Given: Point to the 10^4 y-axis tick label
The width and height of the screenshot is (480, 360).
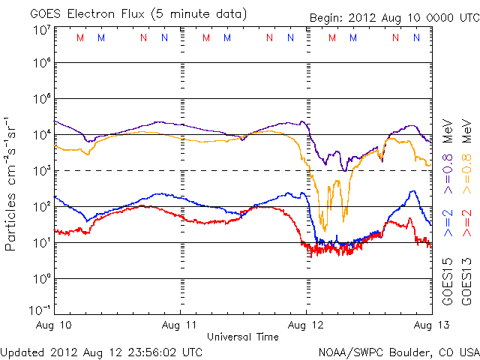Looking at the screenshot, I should click(41, 134).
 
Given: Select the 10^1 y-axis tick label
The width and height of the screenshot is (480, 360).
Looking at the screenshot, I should click(41, 242).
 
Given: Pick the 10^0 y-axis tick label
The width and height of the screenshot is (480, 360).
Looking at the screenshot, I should click(41, 278).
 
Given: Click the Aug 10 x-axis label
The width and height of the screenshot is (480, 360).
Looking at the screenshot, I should click(55, 325).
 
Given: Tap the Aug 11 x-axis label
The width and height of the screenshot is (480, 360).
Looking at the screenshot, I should click(181, 325).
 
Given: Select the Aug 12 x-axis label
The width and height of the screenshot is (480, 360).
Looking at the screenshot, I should click(307, 325).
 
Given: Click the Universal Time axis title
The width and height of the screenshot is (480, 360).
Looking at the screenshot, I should click(243, 337).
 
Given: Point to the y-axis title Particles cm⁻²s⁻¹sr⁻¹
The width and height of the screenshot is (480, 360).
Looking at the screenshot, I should click(12, 184).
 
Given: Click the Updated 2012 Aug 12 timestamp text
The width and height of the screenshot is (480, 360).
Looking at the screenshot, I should click(102, 351).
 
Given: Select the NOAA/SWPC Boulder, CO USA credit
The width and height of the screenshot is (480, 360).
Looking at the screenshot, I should click(398, 351).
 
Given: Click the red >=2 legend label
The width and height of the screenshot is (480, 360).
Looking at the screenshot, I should click(466, 224).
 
